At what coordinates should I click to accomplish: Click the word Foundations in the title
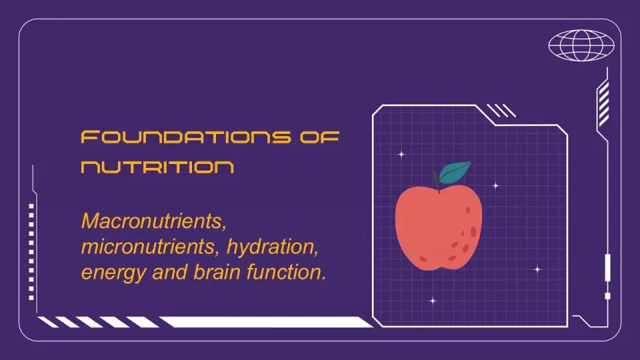point(186,137)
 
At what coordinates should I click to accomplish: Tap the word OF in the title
point(319,137)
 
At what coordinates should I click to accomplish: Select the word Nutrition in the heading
point(157,167)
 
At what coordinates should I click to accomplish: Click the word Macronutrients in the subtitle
point(153,221)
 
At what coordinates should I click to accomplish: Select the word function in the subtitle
point(286,272)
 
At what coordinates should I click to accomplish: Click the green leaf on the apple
point(455,172)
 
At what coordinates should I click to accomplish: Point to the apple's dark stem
point(436,181)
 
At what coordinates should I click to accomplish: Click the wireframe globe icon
point(581,45)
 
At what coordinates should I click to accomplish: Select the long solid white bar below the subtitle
point(266,321)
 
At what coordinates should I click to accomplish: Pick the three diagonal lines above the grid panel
point(501,111)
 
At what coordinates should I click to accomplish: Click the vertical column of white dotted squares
point(31,252)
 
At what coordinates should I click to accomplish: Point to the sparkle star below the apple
point(433,301)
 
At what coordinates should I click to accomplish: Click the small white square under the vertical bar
point(607,296)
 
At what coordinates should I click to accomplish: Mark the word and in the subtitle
point(169,272)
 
